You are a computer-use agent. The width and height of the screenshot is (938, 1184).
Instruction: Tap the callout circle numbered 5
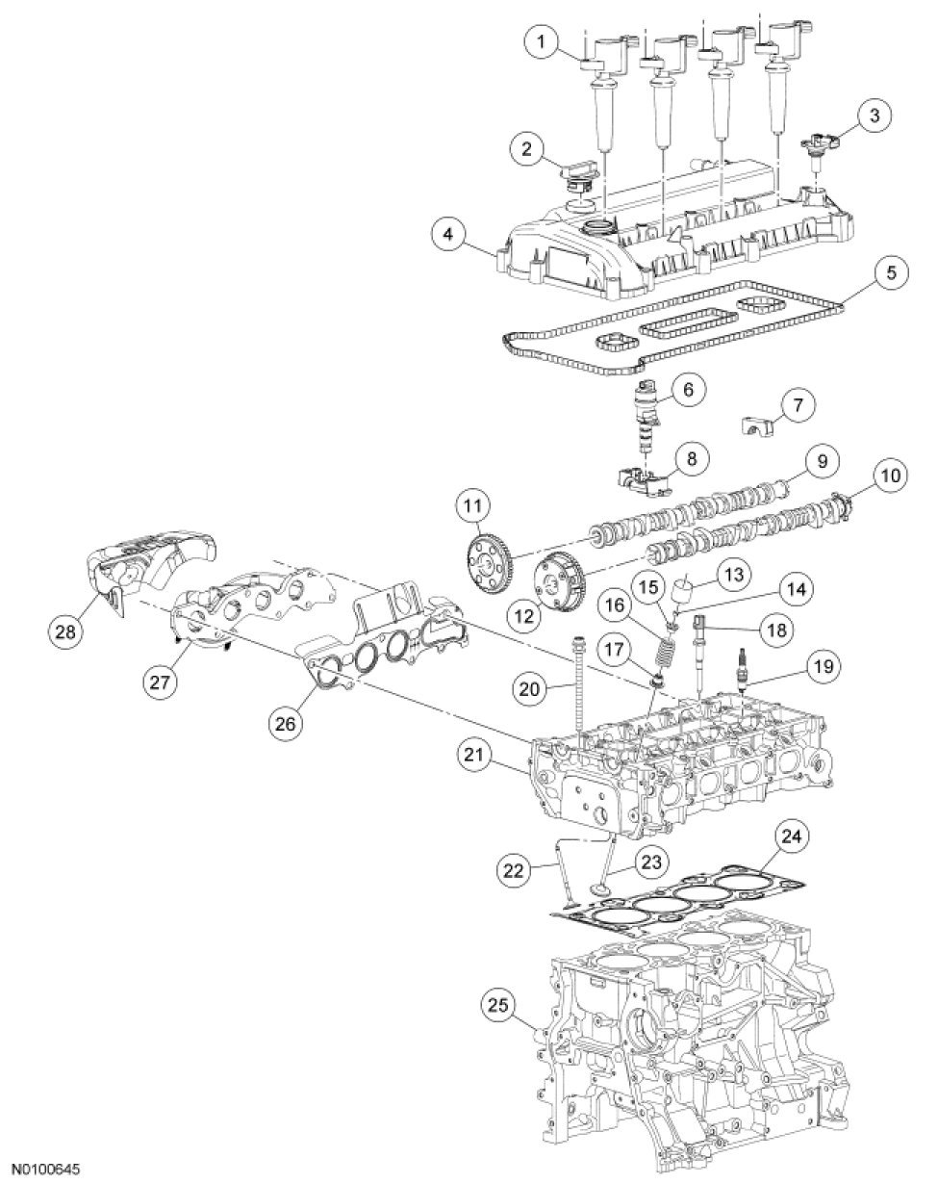(x=891, y=272)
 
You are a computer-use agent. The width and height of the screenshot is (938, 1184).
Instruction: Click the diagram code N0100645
(x=40, y=1168)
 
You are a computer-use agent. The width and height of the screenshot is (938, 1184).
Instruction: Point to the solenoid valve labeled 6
(x=645, y=414)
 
